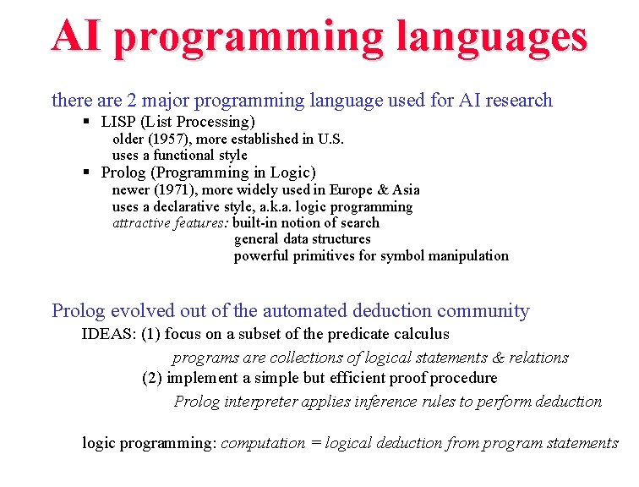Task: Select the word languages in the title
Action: pyautogui.click(x=492, y=38)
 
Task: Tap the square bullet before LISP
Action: pyautogui.click(x=87, y=122)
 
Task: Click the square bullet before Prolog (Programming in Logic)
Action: pyautogui.click(x=87, y=172)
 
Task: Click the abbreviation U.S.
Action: pyautogui.click(x=330, y=139)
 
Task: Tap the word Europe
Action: pyautogui.click(x=352, y=189)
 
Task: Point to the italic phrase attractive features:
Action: pyautogui.click(x=171, y=222)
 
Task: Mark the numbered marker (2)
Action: pyautogui.click(x=152, y=378)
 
